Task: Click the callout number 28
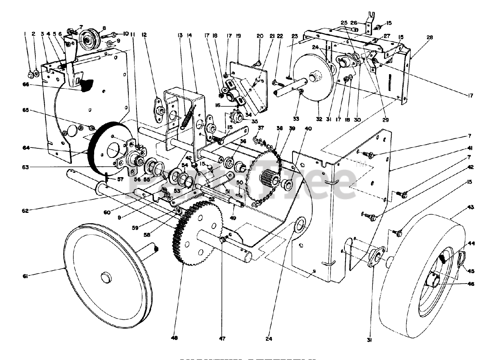(x=429, y=37)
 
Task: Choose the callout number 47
(x=223, y=338)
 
